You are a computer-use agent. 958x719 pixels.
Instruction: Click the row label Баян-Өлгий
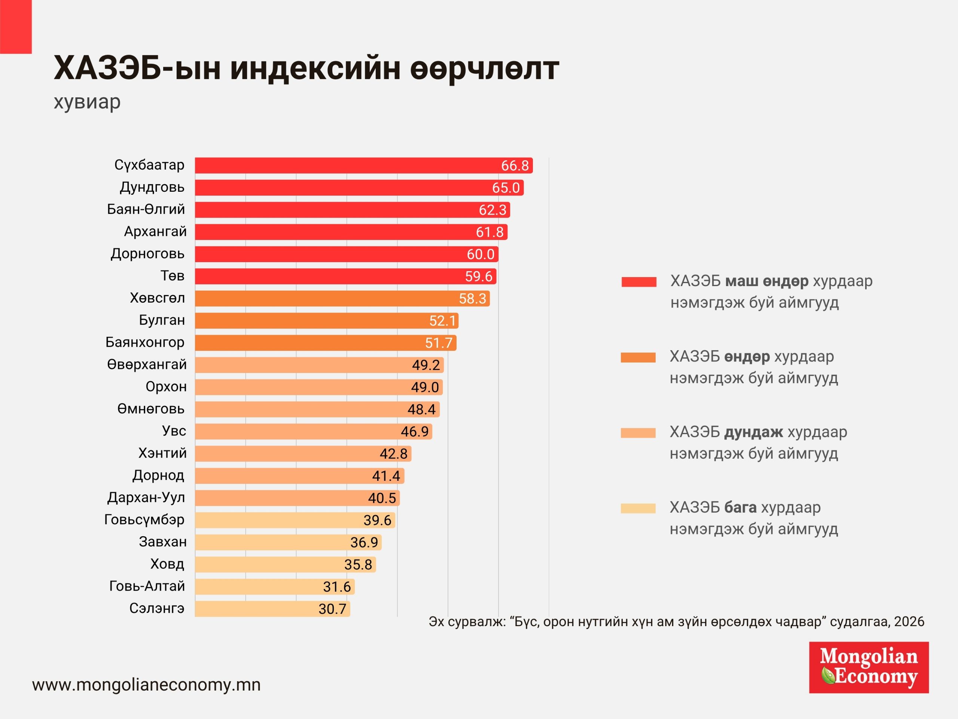[146, 209]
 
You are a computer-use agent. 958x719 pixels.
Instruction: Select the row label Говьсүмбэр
[144, 520]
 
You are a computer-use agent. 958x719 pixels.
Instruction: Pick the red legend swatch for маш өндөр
[639, 282]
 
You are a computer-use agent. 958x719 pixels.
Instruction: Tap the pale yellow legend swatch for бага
[638, 509]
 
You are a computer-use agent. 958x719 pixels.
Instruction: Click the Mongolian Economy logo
[869, 667]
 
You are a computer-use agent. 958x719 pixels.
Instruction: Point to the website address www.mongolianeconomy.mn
[146, 685]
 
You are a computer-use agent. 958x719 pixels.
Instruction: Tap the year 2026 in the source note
[909, 622]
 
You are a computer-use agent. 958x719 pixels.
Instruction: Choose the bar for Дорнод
[299, 476]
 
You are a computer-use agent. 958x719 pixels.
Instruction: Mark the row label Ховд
[167, 564]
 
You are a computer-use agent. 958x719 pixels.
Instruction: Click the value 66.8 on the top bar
[515, 166]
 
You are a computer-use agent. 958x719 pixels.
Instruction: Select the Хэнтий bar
[303, 454]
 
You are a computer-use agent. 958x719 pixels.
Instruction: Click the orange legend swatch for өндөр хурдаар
[638, 358]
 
